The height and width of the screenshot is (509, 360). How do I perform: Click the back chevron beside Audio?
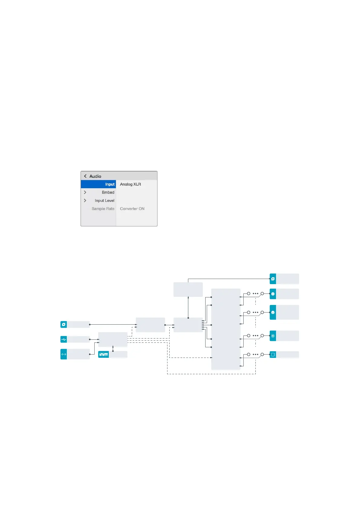point(85,176)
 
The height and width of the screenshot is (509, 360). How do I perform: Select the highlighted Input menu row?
point(99,184)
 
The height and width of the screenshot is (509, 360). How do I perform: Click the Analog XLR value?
point(130,184)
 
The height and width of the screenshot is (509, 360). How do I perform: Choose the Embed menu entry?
point(108,192)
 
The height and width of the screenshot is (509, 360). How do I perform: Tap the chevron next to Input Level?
point(85,200)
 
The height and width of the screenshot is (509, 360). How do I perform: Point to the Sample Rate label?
point(103,209)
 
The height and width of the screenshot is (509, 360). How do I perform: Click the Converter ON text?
point(132,209)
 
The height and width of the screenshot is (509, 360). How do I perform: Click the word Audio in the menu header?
point(95,176)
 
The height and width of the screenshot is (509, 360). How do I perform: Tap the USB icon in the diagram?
point(63,339)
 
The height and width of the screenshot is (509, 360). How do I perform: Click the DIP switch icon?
point(103,354)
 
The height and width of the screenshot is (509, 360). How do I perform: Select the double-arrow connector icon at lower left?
point(63,354)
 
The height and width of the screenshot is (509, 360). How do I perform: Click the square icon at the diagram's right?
point(273,355)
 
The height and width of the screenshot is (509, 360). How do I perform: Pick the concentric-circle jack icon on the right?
point(273,336)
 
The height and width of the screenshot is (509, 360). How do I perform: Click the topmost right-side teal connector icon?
point(273,279)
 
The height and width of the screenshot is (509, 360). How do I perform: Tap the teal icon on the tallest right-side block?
point(273,313)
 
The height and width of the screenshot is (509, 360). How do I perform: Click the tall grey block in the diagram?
point(225,329)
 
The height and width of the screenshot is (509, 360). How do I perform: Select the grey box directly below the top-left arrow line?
point(188,290)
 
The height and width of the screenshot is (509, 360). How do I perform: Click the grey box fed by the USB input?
point(113,339)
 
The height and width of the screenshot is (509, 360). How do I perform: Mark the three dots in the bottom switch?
point(255,354)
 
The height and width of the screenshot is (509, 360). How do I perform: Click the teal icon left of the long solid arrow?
point(63,325)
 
